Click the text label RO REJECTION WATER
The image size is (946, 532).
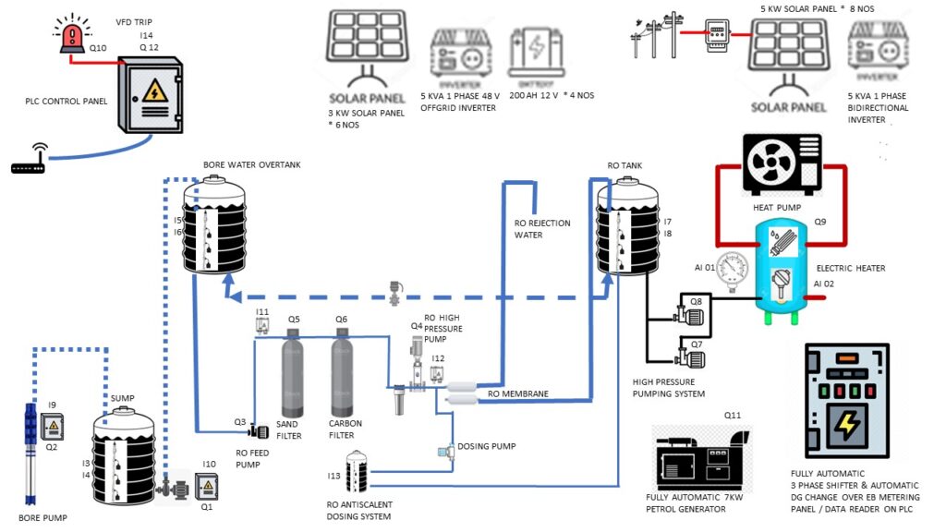coord(541,229)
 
